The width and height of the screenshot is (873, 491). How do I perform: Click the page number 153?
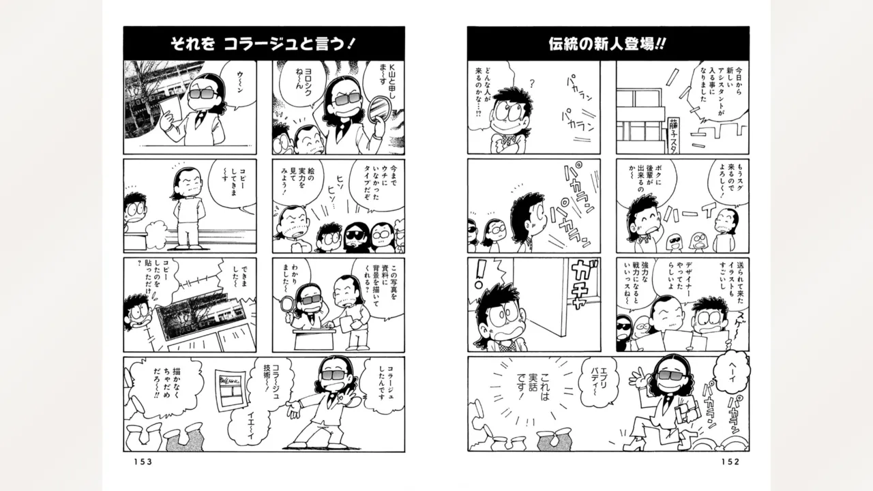(x=138, y=462)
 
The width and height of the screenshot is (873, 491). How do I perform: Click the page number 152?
(x=729, y=462)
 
